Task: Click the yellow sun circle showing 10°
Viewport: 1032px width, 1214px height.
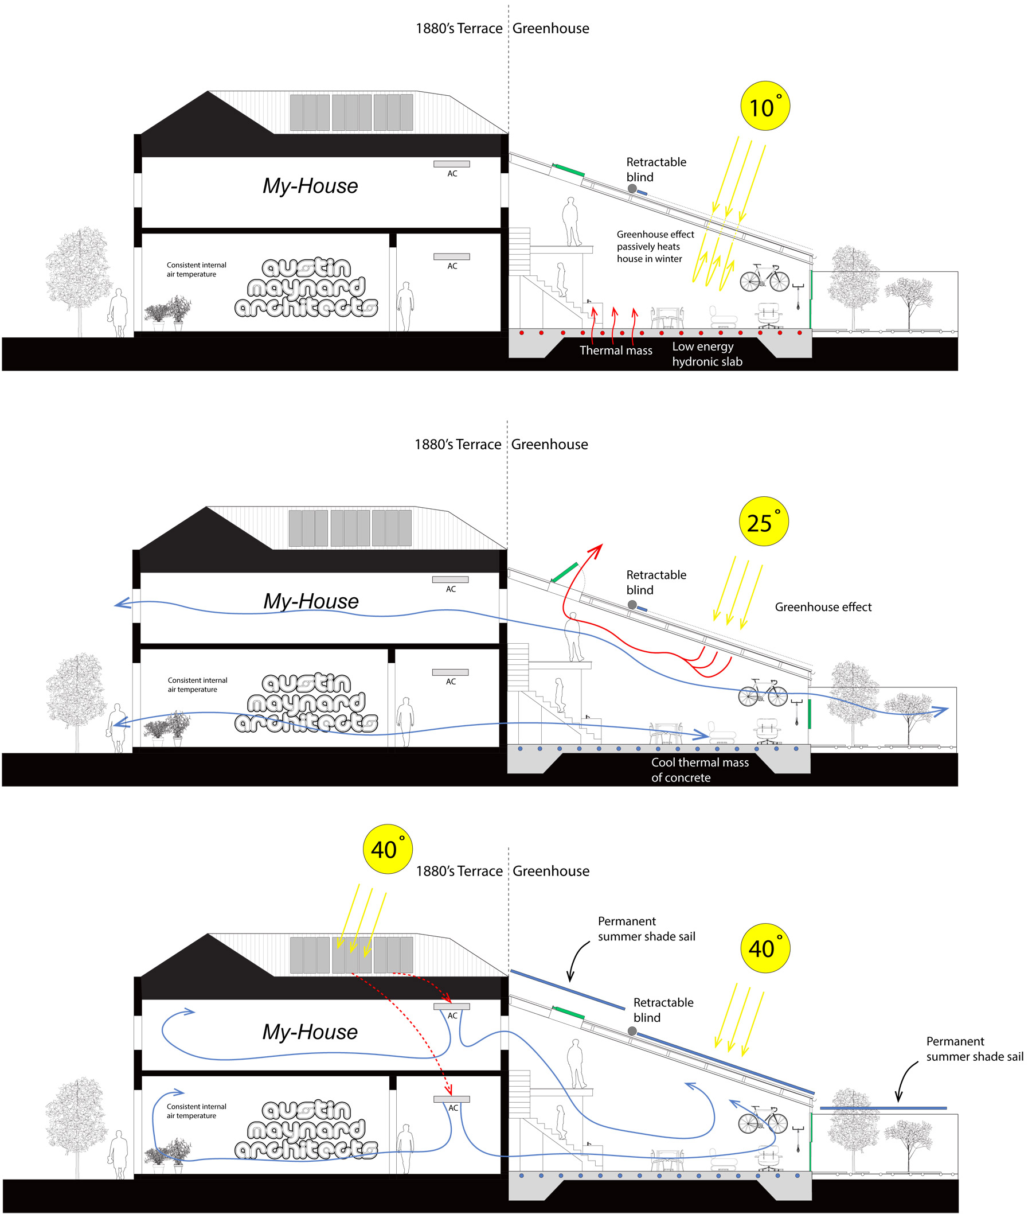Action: [x=765, y=106]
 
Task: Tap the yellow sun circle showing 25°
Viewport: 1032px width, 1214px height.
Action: [x=764, y=522]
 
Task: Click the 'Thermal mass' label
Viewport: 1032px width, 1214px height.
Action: [x=615, y=351]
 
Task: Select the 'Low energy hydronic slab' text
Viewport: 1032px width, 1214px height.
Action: [x=707, y=354]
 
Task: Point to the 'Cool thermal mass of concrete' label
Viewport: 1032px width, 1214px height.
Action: [x=699, y=770]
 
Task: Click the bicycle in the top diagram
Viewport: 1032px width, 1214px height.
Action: [x=764, y=278]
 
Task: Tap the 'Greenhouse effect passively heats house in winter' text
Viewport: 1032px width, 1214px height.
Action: [x=655, y=247]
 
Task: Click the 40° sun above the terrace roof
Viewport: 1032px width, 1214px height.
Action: [x=388, y=849]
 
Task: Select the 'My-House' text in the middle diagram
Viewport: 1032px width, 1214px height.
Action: [x=311, y=601]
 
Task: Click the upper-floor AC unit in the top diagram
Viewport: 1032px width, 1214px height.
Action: [x=451, y=164]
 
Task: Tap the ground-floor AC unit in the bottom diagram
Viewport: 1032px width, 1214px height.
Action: [x=451, y=1099]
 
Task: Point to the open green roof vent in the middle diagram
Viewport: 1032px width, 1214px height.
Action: [x=565, y=572]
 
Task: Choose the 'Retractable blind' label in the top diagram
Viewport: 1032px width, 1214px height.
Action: [x=656, y=170]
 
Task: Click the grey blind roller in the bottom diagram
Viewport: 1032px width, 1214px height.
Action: [x=632, y=1032]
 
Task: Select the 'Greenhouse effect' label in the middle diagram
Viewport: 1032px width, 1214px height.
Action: [x=823, y=607]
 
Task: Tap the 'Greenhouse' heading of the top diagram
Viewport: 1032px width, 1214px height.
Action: [x=550, y=29]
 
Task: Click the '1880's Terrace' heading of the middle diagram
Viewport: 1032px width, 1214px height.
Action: [x=458, y=445]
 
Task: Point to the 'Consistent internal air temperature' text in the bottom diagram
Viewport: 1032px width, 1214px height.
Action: [x=196, y=1111]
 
